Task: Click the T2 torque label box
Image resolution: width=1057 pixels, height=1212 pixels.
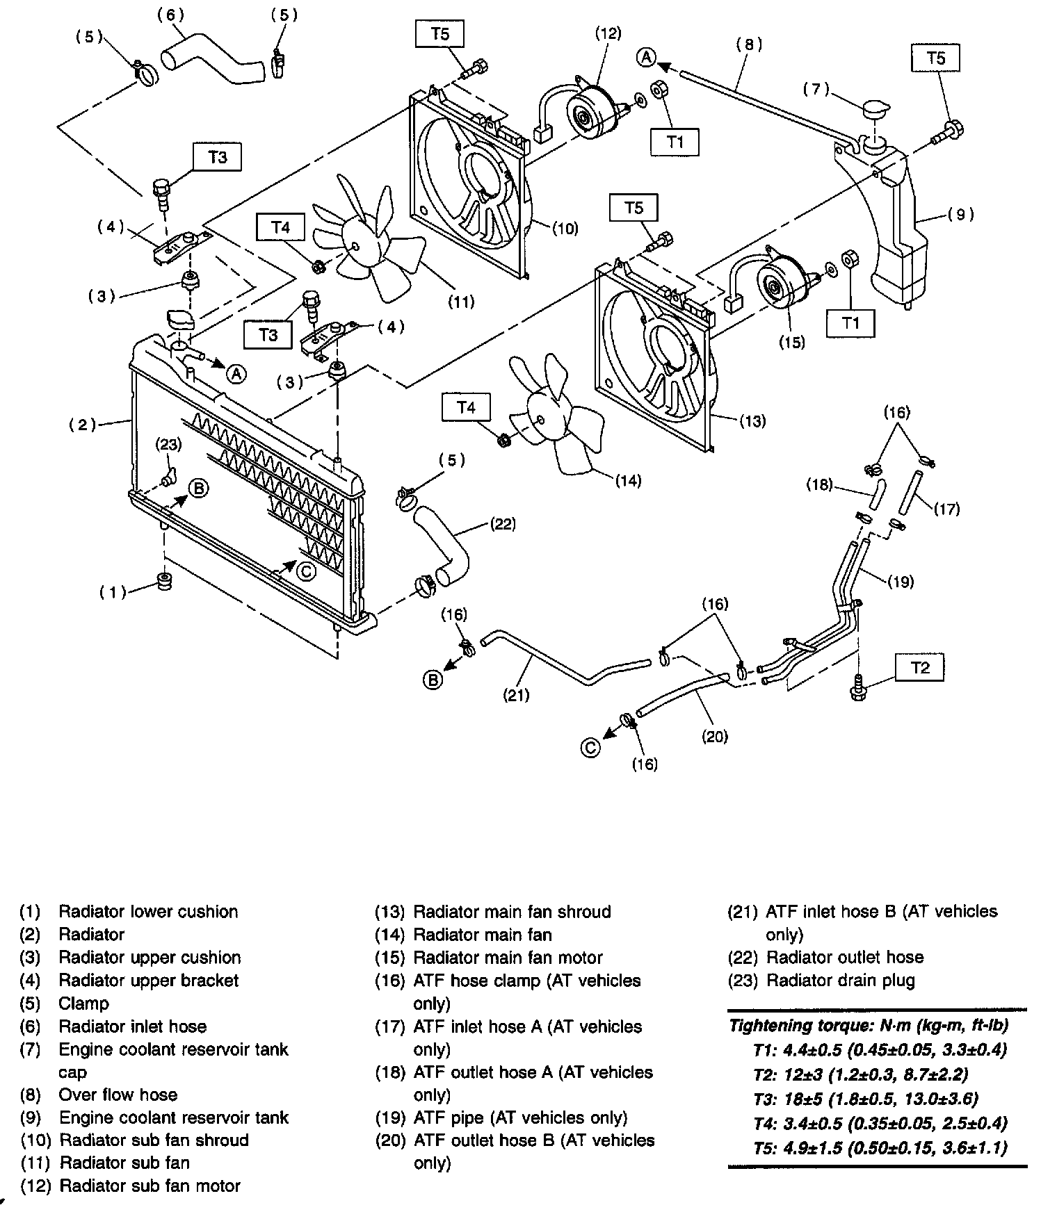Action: (919, 668)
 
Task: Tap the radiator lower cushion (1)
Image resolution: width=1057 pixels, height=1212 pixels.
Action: (166, 582)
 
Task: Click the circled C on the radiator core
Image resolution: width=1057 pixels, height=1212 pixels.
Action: (305, 571)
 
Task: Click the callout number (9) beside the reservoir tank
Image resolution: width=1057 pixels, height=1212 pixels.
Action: (960, 215)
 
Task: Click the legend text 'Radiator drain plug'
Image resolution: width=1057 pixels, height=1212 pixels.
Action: (840, 980)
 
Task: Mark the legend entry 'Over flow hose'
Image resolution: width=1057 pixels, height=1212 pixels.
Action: (118, 1095)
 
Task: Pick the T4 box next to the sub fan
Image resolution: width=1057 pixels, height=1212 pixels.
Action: (280, 227)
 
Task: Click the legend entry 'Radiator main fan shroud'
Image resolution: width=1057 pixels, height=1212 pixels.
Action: (512, 912)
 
